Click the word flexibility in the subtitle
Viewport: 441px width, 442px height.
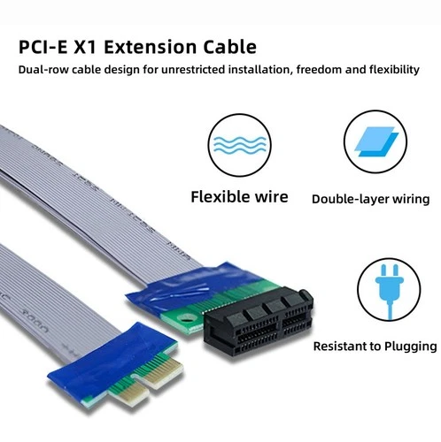[391, 70]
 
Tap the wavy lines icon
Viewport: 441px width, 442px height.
[239, 145]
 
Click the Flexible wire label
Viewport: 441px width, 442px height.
[239, 196]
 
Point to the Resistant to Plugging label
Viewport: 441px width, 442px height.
[375, 346]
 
